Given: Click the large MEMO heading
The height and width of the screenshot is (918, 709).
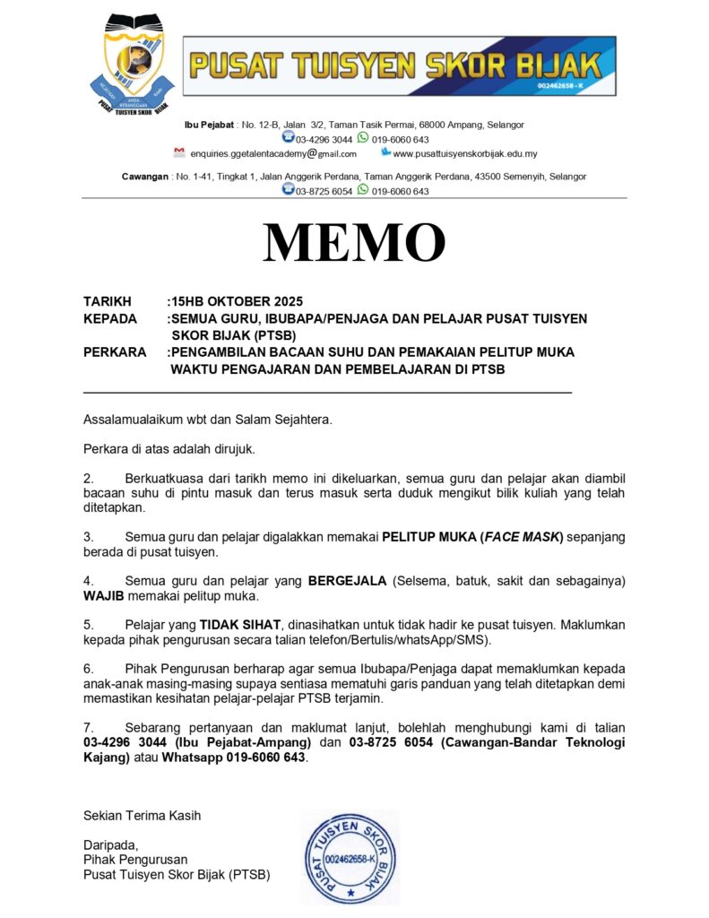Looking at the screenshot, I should [x=354, y=242].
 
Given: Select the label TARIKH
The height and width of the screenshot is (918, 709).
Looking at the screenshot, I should [x=108, y=301].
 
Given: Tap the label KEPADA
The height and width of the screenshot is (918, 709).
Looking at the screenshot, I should [x=110, y=318].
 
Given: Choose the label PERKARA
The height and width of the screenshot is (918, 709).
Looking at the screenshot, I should [x=115, y=352].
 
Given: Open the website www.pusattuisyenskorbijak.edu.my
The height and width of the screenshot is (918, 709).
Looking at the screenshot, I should [x=465, y=153].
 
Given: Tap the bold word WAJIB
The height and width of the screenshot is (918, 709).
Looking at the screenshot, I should [x=104, y=595].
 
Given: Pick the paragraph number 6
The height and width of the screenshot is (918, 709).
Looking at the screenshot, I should [x=88, y=669].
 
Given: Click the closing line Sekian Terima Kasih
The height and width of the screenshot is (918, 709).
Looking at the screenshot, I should [x=142, y=816].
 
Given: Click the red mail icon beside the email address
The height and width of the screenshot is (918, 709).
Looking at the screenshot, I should [x=179, y=152].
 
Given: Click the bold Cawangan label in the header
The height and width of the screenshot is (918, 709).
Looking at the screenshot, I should [x=145, y=177].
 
